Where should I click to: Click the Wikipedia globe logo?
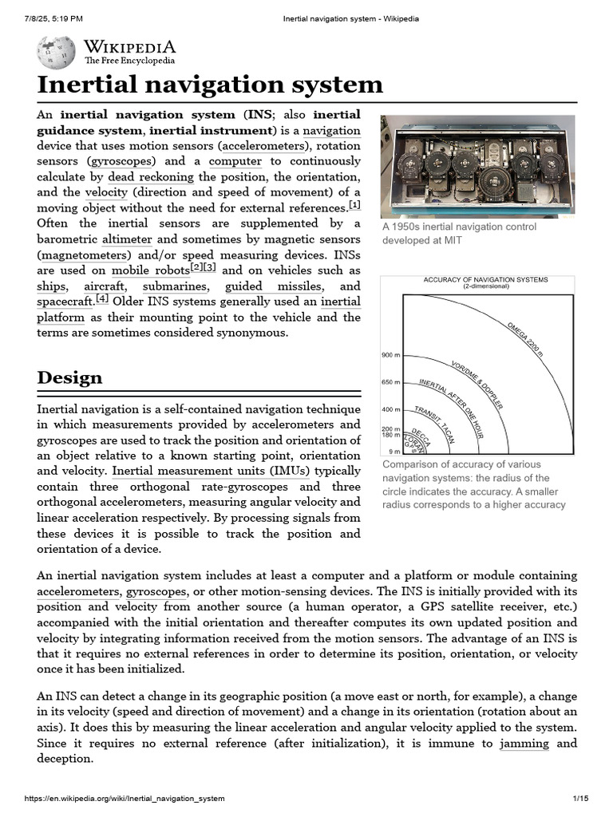coord(56,52)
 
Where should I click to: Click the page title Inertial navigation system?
coord(210,85)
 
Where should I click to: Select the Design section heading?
coord(69,377)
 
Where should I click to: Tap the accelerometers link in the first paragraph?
coord(264,146)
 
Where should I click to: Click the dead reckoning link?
coord(151,176)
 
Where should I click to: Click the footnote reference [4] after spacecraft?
coord(102,299)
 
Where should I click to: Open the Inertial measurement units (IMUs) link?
coord(211,471)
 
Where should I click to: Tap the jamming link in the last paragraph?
coord(524,743)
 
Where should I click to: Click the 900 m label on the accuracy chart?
coord(390,354)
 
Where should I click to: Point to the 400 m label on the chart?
coord(390,409)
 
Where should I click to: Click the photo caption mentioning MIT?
coord(459,234)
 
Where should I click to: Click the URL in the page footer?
coord(125,798)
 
